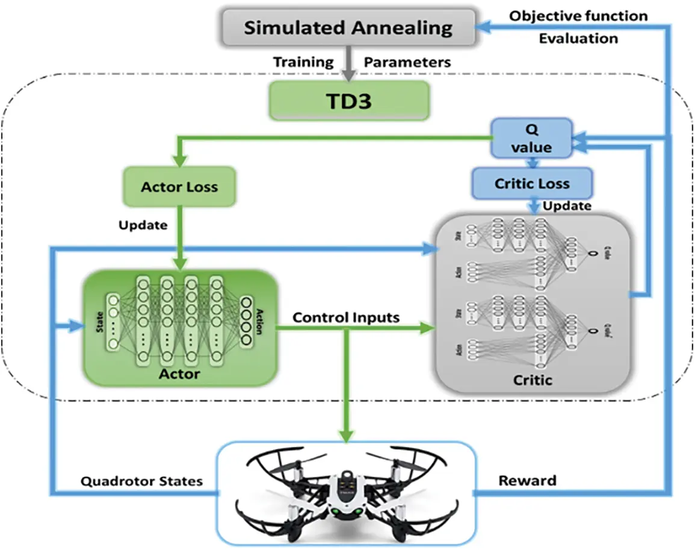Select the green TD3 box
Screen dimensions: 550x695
(x=350, y=100)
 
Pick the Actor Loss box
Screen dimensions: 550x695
(x=179, y=187)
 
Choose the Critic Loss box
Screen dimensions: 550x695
(x=532, y=184)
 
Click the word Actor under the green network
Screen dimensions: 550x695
(x=179, y=374)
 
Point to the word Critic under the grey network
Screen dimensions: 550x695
(x=532, y=380)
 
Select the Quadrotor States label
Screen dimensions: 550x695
(x=142, y=481)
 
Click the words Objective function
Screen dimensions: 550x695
(x=578, y=16)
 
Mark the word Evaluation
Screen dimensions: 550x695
(x=578, y=38)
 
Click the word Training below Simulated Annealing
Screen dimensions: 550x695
(x=303, y=62)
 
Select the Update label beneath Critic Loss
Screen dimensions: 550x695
(x=567, y=206)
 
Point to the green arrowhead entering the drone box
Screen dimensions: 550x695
(x=346, y=437)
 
